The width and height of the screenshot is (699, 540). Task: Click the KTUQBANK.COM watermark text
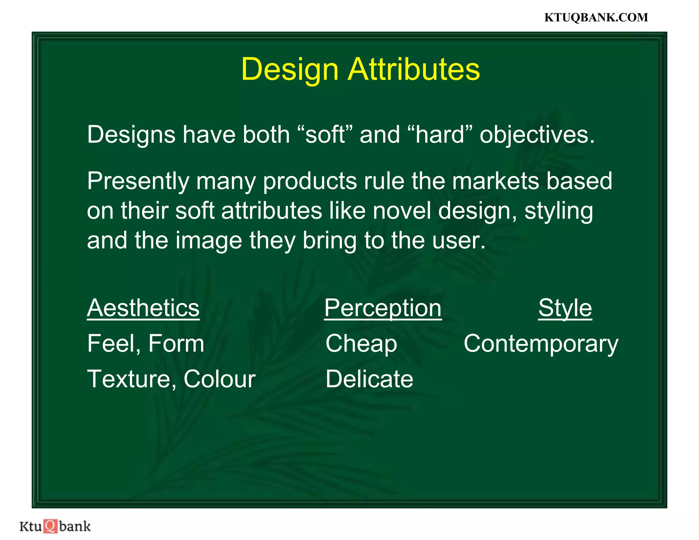pyautogui.click(x=596, y=17)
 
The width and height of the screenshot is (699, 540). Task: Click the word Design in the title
pyautogui.click(x=289, y=69)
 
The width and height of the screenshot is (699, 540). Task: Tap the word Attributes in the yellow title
pyautogui.click(x=414, y=69)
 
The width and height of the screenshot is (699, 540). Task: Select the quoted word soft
pyautogui.click(x=325, y=134)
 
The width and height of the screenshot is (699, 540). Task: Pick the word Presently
pyautogui.click(x=138, y=181)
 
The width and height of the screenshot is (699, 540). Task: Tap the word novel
pyautogui.click(x=402, y=211)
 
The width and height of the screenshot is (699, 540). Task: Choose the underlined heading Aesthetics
pyautogui.click(x=143, y=308)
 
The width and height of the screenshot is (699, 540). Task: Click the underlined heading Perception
pyautogui.click(x=383, y=309)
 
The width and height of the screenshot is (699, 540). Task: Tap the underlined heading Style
pyautogui.click(x=565, y=309)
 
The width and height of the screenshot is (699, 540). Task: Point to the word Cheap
pyautogui.click(x=361, y=344)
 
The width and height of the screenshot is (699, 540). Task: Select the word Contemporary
pyautogui.click(x=541, y=344)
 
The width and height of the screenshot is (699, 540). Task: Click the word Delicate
pyautogui.click(x=369, y=379)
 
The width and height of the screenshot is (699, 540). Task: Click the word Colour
pyautogui.click(x=219, y=379)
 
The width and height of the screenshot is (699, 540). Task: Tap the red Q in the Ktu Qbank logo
pyautogui.click(x=51, y=526)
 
